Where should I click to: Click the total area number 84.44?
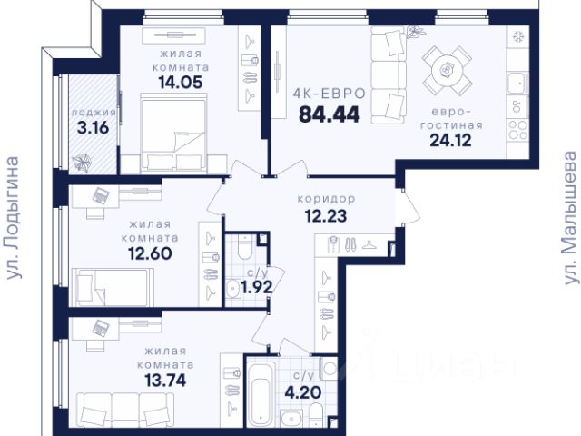[329, 114]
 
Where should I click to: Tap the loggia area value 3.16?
[93, 128]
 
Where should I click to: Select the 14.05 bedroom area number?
[181, 83]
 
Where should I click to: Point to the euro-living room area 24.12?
[450, 140]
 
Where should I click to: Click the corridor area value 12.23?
[326, 216]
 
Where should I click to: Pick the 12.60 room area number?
[150, 253]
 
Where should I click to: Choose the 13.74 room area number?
[165, 381]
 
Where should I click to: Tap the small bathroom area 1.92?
[257, 287]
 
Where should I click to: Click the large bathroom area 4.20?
[302, 392]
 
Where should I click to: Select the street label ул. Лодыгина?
[14, 218]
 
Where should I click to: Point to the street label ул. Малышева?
[570, 218]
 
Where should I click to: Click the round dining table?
[448, 70]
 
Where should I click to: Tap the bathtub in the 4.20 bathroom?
[262, 393]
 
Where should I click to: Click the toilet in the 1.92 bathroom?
[245, 246]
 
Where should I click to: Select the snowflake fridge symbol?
[517, 36]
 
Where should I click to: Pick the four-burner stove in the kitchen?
[517, 130]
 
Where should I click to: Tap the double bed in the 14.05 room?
[173, 133]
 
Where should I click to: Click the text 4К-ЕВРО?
[329, 94]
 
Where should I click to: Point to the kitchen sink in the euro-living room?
[517, 84]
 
